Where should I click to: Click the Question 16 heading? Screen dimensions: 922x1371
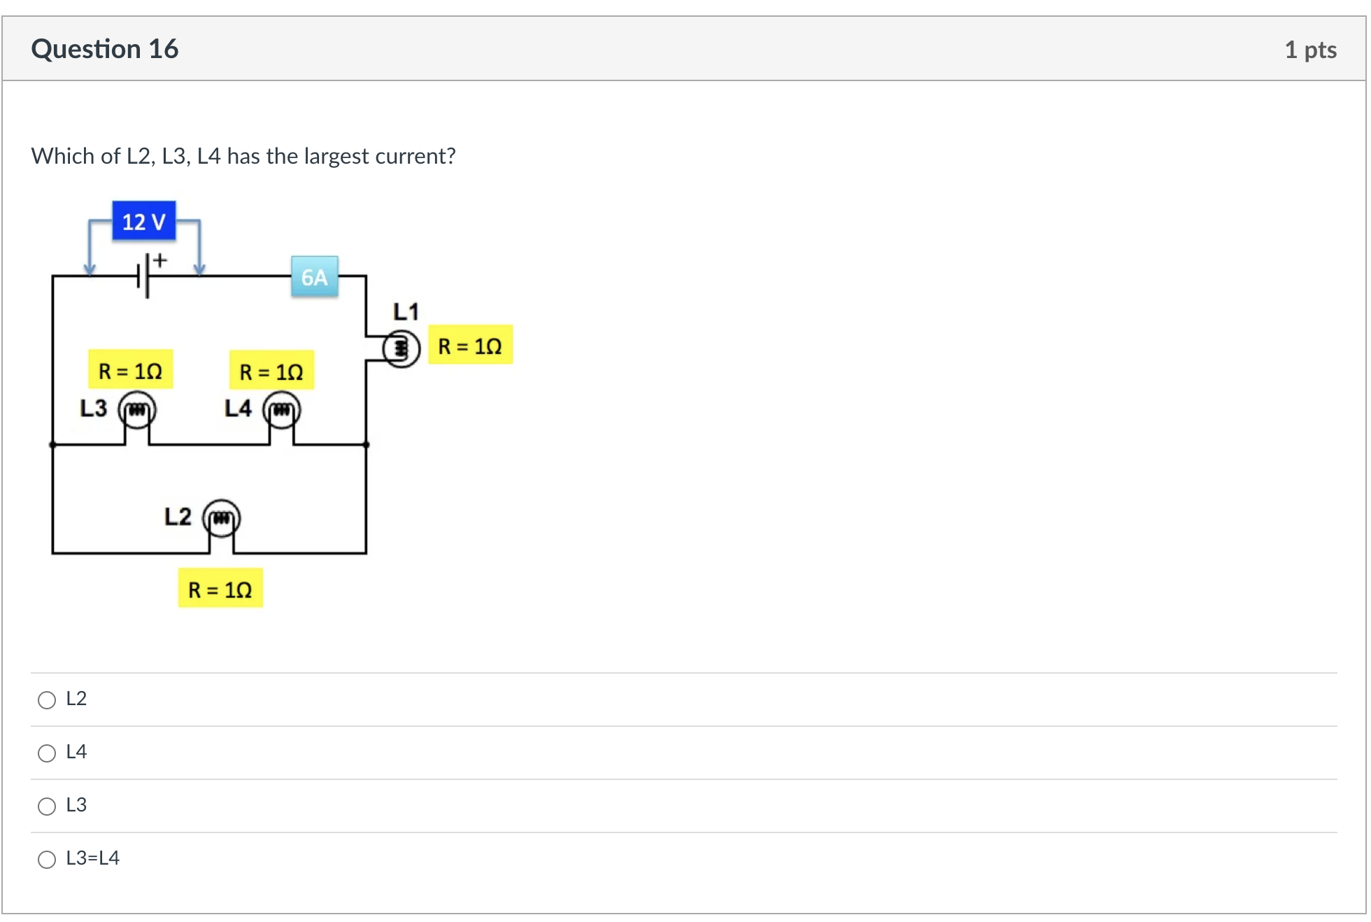click(105, 49)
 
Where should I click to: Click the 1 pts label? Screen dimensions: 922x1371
click(1310, 50)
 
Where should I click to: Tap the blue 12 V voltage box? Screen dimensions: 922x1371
click(144, 221)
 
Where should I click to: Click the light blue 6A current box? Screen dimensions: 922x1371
click(314, 277)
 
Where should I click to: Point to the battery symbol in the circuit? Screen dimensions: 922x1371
click(144, 277)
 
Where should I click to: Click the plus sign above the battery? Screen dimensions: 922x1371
click(161, 260)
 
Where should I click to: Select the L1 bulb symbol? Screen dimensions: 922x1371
click(402, 348)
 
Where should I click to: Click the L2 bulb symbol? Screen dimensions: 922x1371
click(222, 518)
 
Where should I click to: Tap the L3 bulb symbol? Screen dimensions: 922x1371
click(137, 410)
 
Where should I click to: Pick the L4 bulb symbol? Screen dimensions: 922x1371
click(282, 410)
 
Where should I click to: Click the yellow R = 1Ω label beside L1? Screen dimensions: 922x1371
click(470, 345)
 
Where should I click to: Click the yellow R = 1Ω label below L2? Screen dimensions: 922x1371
click(220, 588)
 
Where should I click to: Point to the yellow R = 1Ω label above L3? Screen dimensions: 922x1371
click(130, 370)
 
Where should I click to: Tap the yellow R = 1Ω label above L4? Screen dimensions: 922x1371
click(271, 371)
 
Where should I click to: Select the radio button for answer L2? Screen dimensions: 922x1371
click(47, 700)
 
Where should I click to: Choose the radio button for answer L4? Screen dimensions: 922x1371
click(47, 753)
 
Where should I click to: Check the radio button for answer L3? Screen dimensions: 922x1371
click(47, 806)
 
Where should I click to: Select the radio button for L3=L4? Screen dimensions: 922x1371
click(47, 859)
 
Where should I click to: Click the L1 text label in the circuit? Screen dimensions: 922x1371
click(406, 311)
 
